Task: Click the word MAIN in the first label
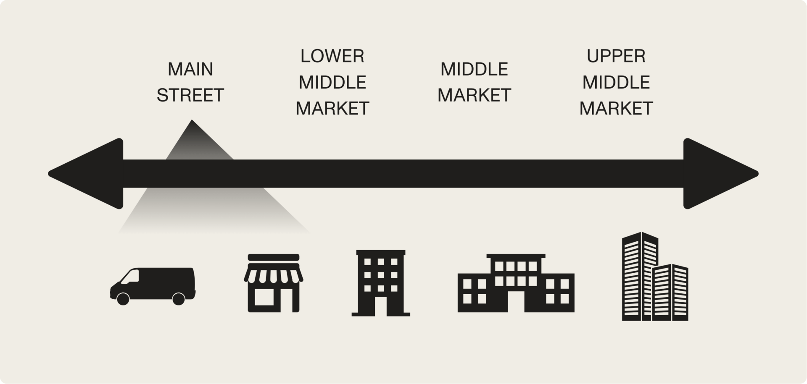pos(190,69)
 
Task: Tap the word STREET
pos(190,95)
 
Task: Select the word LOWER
pos(332,56)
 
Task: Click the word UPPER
pos(616,56)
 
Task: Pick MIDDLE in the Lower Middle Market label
pos(332,82)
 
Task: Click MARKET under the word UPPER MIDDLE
pos(616,108)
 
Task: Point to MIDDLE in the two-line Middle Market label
pos(474,69)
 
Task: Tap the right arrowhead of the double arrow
pos(719,173)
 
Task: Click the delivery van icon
pos(153,285)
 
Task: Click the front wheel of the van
pos(123,298)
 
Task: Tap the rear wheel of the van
pos(179,298)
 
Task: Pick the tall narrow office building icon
pos(380,282)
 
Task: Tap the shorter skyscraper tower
pos(670,292)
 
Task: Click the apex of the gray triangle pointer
pos(192,121)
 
